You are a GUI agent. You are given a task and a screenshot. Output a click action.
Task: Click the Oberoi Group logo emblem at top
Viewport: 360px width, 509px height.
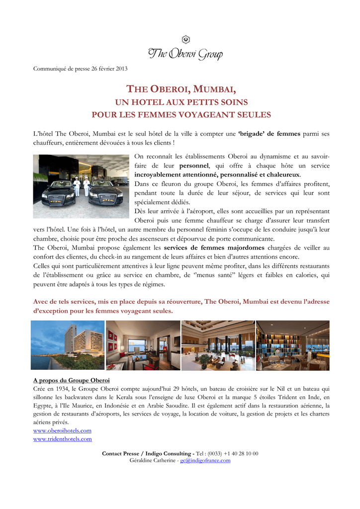point(186,40)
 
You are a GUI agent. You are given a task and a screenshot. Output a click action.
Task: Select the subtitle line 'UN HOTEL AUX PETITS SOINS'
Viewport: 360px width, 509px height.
point(181,102)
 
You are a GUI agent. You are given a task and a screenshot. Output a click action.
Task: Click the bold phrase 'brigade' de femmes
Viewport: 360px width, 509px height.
point(270,134)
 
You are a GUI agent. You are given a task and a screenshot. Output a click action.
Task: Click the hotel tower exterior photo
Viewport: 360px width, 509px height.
point(68,345)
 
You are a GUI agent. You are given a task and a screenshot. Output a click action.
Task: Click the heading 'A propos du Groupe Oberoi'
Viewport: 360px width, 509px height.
point(71,380)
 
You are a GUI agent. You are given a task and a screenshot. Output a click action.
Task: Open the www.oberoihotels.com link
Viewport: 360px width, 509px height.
point(62,430)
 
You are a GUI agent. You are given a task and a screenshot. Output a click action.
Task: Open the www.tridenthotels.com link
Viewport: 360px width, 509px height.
point(63,439)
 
